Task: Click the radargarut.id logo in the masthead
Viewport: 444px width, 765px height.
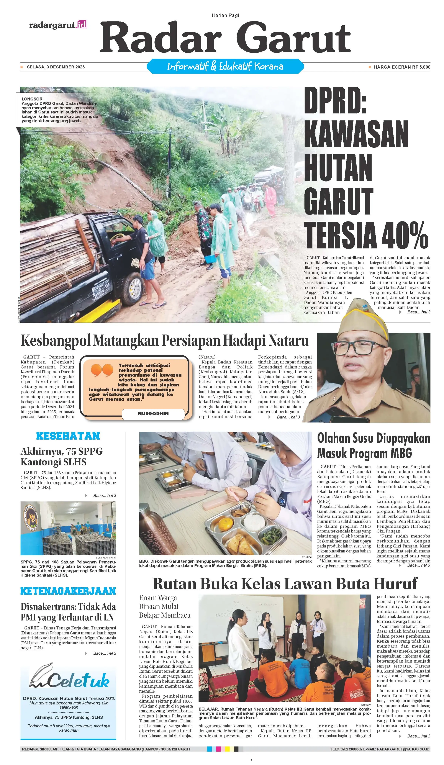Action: (x=58, y=25)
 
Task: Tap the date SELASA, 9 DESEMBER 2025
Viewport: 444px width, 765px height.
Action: (x=55, y=67)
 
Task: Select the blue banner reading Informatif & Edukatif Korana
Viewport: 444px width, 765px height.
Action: (x=225, y=66)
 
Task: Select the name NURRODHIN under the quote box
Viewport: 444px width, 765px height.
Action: (x=153, y=413)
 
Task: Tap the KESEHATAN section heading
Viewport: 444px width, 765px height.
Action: (x=68, y=436)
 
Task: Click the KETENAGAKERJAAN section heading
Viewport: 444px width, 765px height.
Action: (x=68, y=591)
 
